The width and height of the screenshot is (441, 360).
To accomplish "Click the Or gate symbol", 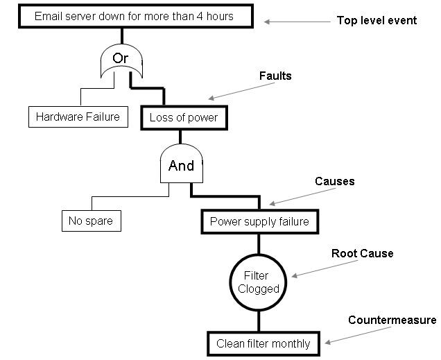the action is [x=121, y=60].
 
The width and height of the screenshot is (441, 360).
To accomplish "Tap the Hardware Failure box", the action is [x=78, y=117].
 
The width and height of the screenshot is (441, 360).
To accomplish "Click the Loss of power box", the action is [x=184, y=117].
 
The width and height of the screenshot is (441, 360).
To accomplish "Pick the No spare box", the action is [x=92, y=221].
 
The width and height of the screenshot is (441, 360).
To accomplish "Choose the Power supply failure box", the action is [x=260, y=222].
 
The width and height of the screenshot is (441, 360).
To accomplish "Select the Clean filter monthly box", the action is [x=263, y=343].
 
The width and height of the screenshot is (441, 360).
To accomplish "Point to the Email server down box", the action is [x=136, y=16].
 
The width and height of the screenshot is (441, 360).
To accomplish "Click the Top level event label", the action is [x=377, y=20].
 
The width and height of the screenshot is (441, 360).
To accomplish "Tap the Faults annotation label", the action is [x=275, y=76].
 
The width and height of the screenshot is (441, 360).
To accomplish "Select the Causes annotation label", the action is [x=335, y=182].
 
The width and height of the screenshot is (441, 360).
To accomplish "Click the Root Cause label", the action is [x=362, y=253].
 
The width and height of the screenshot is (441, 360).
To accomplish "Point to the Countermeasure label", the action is [x=392, y=320].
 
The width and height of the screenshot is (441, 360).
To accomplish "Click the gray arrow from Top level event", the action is [x=297, y=22].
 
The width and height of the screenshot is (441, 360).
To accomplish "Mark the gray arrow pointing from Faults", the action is [x=241, y=91].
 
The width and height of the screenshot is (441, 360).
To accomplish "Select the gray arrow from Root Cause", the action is [x=325, y=269].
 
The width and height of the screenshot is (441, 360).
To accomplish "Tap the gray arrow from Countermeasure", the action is [x=358, y=335].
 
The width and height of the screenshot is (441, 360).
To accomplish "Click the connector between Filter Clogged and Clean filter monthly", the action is [x=259, y=321].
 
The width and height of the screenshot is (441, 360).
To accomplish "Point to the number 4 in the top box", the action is [x=200, y=16].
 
